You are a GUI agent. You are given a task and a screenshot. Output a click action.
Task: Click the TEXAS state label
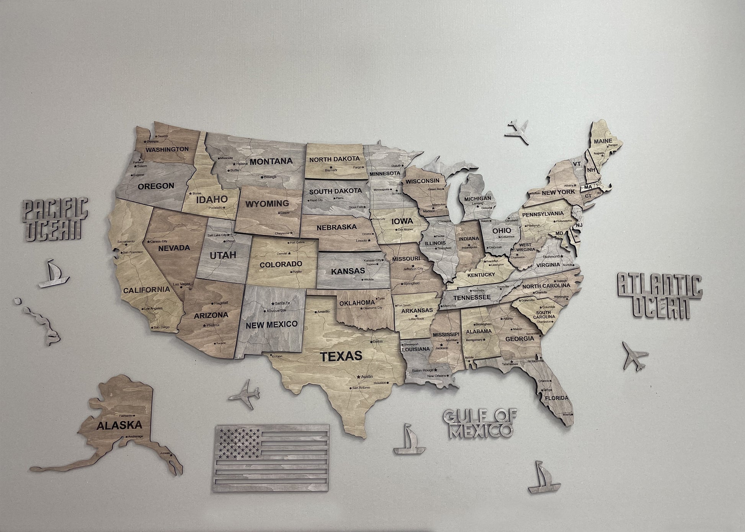(341, 356)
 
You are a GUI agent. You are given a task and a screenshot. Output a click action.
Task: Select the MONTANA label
(271, 161)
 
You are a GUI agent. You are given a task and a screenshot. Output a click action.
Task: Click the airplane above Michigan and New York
(517, 132)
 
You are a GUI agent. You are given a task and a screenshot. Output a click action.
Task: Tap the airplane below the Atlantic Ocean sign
(634, 354)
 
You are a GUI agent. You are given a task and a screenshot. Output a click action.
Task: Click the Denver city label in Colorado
(282, 253)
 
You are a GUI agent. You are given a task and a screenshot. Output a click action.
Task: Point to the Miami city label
(566, 414)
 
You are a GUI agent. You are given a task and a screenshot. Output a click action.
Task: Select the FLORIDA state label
(557, 398)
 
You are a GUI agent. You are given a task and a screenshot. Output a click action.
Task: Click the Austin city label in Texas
(366, 377)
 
